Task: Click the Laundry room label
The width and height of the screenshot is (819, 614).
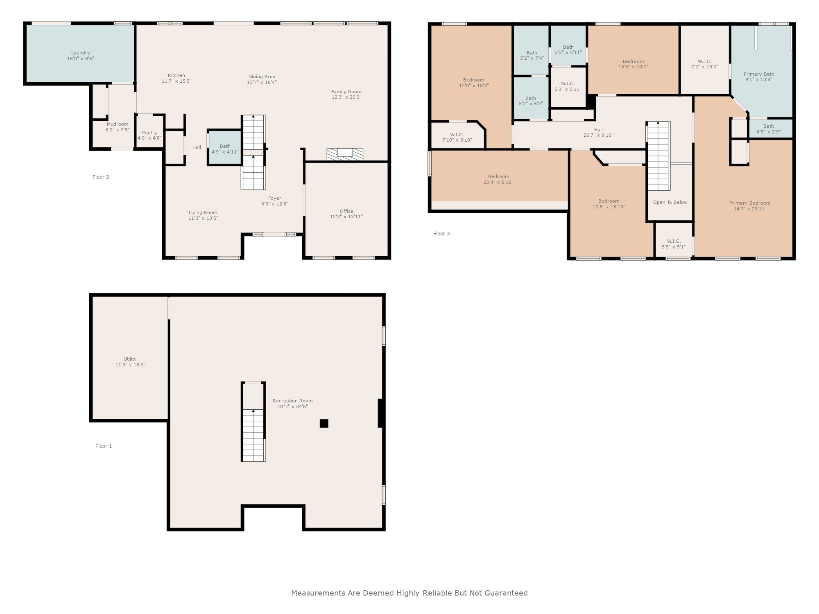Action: [80, 53]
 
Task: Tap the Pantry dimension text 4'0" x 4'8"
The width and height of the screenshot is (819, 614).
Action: [149, 138]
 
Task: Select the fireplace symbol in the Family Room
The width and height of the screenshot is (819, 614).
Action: [345, 154]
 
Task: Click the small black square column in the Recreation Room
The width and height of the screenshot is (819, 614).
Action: [324, 423]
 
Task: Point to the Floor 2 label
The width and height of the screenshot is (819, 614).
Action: [101, 177]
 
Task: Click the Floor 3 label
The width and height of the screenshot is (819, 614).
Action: [441, 234]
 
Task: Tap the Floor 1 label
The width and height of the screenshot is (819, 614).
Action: [104, 446]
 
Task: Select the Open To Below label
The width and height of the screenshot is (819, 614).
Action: [670, 202]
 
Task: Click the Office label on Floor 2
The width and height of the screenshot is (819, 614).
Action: [346, 211]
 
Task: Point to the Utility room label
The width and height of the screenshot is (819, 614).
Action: [130, 359]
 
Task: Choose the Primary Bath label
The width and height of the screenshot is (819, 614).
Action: [759, 74]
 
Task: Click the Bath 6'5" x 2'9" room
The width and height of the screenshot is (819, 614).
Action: [769, 129]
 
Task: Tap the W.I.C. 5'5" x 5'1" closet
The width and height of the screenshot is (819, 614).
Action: [674, 244]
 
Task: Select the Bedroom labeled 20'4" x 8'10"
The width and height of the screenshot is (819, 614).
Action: [498, 179]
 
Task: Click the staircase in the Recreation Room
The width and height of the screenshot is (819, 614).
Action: [253, 434]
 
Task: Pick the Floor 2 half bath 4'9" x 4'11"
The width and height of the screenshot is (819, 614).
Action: [225, 149]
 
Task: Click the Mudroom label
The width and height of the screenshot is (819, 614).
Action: [118, 124]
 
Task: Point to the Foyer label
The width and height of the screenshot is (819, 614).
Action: [274, 198]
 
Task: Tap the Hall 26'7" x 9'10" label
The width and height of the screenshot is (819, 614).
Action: [598, 130]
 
